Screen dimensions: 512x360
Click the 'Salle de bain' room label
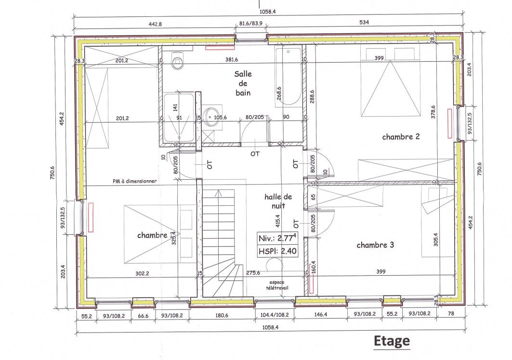[243, 83]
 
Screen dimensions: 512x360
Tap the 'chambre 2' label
[401, 136]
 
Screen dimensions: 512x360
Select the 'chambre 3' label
[375, 245]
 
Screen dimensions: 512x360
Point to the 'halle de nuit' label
[278, 201]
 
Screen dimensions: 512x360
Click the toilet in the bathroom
[178, 59]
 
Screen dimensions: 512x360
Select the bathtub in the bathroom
[289, 77]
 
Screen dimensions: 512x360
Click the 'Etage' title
[392, 341]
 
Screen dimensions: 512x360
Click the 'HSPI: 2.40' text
[277, 251]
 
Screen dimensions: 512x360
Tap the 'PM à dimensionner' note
[134, 181]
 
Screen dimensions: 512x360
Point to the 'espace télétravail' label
[277, 285]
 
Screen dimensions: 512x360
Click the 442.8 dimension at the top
[155, 24]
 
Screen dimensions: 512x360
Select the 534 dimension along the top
[364, 22]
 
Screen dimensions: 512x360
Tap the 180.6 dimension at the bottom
[222, 315]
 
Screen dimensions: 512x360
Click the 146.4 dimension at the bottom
[321, 314]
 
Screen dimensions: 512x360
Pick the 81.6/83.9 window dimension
[251, 24]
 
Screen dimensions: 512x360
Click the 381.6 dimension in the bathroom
[232, 59]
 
